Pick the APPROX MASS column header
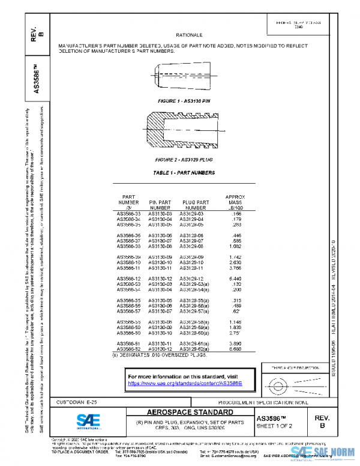[236, 202]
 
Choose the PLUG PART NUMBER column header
[195, 205]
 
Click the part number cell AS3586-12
[129, 279]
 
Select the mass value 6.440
[236, 279]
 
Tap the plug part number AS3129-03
[192, 214]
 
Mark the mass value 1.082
[236, 246]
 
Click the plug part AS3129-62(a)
[195, 348]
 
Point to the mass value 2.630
[236, 262]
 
